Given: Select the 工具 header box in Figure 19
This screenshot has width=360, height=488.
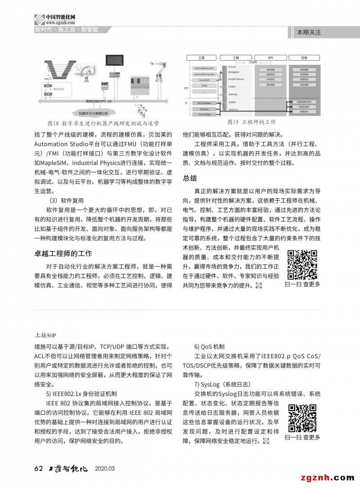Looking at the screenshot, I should pyautogui.click(x=201, y=58).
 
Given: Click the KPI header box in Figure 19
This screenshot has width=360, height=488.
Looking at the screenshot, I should pyautogui.click(x=270, y=58).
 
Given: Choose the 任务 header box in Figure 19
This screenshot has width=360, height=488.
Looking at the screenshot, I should pyautogui.click(x=304, y=58).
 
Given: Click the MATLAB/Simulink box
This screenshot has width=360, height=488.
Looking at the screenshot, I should pyautogui.click(x=204, y=68).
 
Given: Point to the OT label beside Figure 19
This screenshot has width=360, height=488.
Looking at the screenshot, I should pyautogui.click(x=186, y=88).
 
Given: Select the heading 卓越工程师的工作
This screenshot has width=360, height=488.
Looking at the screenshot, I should pyautogui.click(x=63, y=253).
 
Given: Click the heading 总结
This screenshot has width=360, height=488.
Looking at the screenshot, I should pyautogui.click(x=190, y=178).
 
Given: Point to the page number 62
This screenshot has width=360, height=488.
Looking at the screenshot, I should pyautogui.click(x=38, y=468).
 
